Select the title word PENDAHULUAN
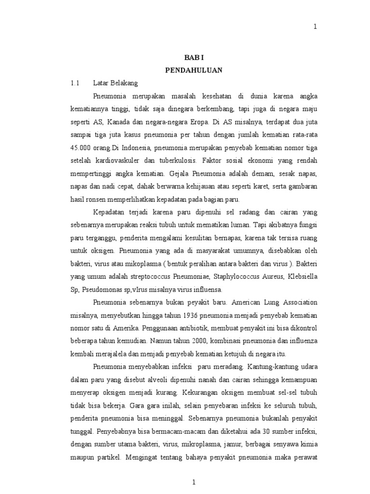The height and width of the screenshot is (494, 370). pos(194,70)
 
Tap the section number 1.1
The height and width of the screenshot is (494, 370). pos(74,83)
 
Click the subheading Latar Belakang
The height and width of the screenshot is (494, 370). pos(116,83)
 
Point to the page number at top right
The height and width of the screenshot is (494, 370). pos(316,27)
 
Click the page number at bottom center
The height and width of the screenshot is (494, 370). pos(194,482)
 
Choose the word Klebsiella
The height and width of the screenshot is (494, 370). pos(304,277)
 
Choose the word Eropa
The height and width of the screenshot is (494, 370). pos(230,121)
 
